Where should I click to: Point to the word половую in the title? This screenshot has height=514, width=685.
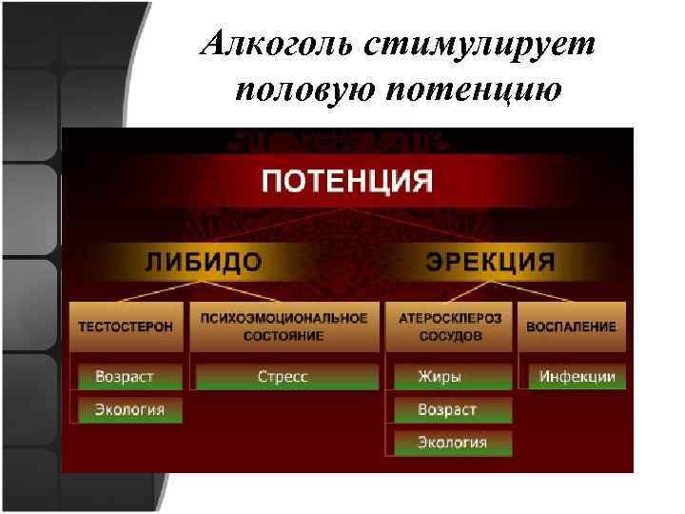(303, 90)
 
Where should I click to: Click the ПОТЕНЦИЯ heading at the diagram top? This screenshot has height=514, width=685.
(347, 180)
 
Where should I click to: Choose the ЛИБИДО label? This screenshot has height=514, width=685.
(204, 261)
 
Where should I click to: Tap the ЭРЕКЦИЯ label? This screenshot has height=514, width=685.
(490, 261)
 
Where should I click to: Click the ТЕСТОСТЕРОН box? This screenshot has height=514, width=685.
(126, 326)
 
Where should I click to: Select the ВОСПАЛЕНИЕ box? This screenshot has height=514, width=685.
(572, 326)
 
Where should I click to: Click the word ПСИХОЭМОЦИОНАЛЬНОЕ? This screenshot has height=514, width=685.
(283, 318)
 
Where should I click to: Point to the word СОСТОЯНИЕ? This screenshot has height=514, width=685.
(283, 336)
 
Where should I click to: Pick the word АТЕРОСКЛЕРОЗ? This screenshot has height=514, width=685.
(448, 318)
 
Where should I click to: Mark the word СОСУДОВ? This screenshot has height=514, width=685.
(448, 336)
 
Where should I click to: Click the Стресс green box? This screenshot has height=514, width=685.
(283, 377)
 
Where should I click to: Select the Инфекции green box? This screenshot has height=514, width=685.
(577, 377)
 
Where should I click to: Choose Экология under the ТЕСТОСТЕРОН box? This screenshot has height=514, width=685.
(129, 410)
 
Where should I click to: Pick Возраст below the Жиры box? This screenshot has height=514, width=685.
(450, 410)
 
